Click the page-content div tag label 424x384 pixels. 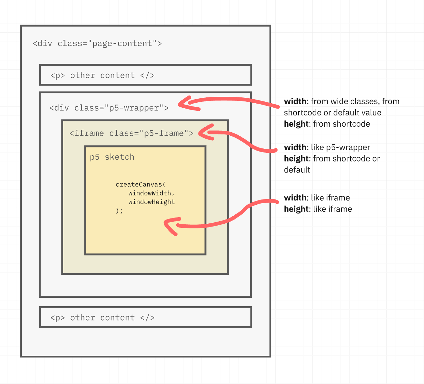97,44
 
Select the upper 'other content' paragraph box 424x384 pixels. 145,75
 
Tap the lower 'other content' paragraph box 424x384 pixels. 145,317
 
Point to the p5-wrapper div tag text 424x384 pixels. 109,108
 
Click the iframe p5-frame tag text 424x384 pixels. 131,133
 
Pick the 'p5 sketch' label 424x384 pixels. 112,157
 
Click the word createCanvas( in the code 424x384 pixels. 141,185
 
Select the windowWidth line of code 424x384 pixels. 151,193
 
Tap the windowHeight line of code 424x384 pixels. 151,202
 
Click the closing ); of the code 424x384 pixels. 119,211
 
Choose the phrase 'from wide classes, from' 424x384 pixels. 355,101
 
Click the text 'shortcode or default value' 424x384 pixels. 332,113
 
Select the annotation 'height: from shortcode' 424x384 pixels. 327,124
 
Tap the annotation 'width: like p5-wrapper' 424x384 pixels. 327,147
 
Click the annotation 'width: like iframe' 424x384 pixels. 317,198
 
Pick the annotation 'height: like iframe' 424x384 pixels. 318,209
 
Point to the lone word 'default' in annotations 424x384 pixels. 297,170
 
